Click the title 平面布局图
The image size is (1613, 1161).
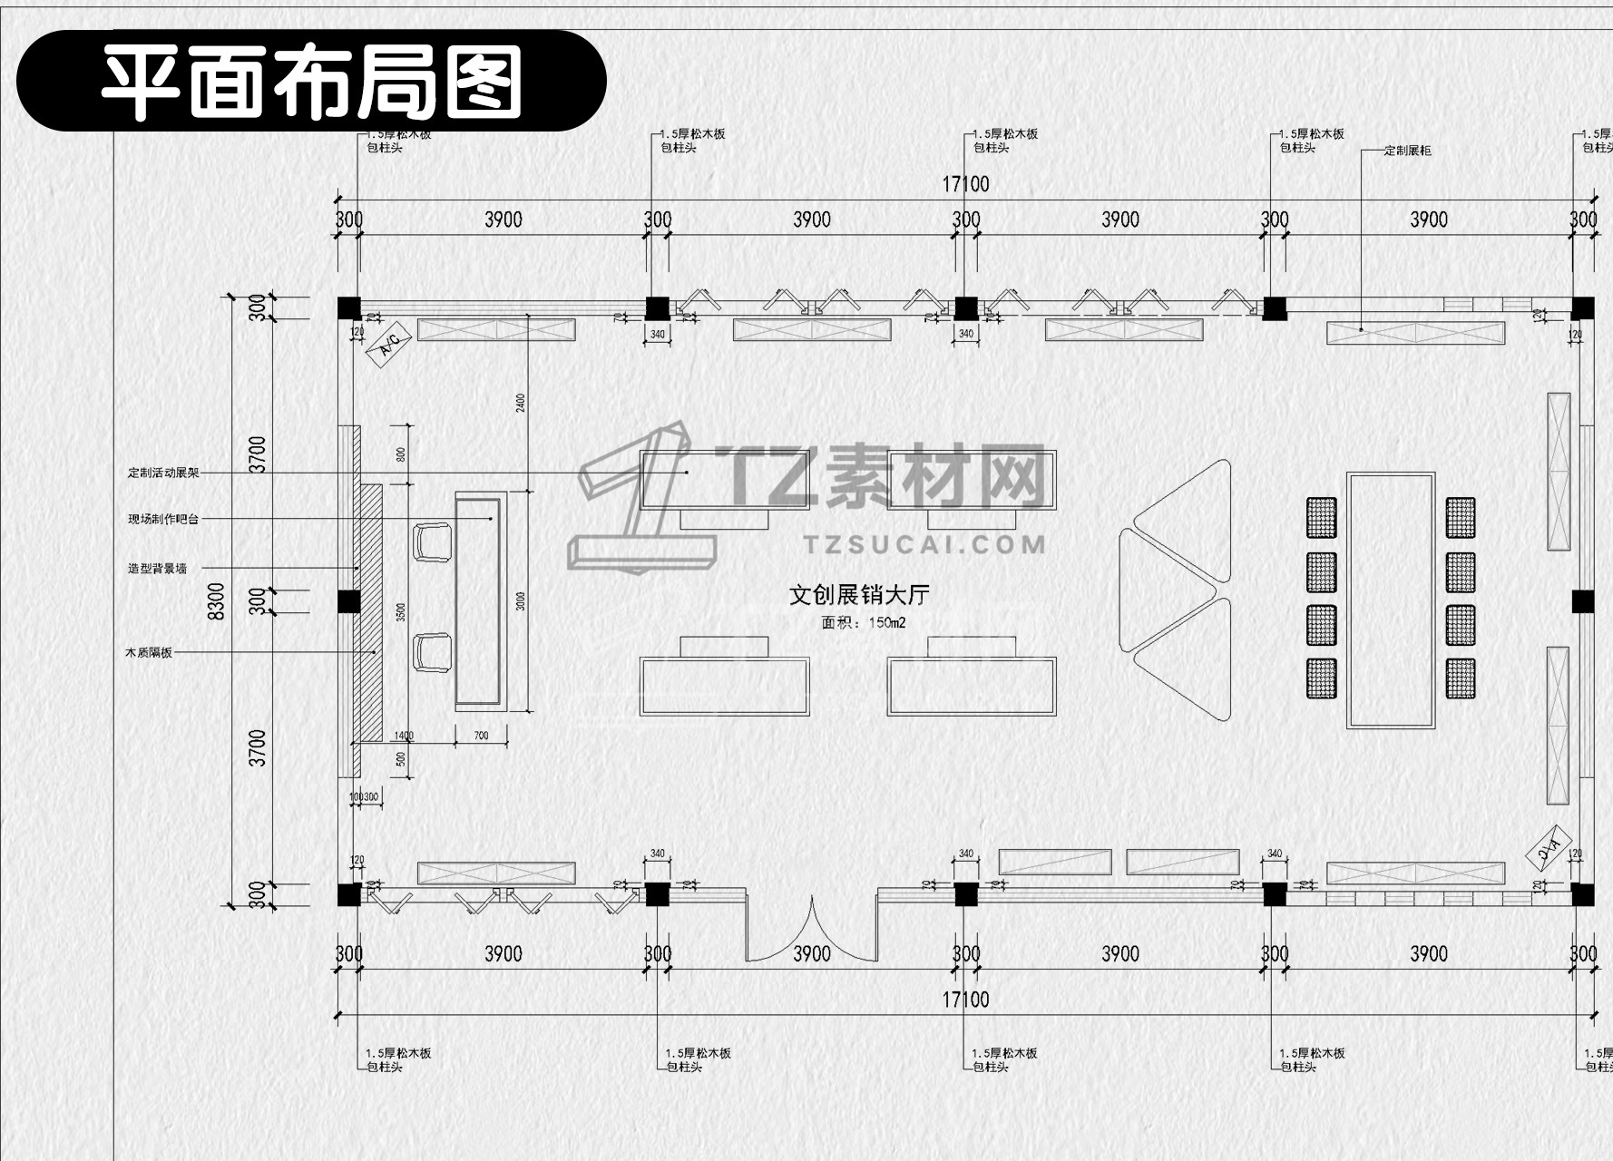click(311, 81)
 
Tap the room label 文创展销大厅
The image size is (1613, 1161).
click(858, 595)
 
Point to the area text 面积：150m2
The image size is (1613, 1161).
click(863, 623)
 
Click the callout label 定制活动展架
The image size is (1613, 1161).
click(163, 473)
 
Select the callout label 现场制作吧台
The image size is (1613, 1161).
click(163, 519)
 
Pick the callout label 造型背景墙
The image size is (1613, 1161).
click(157, 569)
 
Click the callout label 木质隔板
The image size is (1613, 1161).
click(149, 652)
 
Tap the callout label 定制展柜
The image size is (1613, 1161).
click(1407, 151)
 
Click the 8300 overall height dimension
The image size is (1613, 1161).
click(216, 600)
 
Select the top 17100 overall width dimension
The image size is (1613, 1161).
click(965, 184)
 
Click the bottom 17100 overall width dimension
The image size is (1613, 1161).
click(965, 1000)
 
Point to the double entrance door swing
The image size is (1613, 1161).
click(812, 930)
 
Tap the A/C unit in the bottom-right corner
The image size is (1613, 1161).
click(1549, 847)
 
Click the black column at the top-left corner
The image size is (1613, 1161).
click(349, 308)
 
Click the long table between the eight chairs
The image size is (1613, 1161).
click(1391, 600)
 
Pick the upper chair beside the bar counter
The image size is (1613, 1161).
click(433, 541)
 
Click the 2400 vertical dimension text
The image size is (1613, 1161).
click(521, 402)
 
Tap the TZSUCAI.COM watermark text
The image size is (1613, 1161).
click(924, 544)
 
